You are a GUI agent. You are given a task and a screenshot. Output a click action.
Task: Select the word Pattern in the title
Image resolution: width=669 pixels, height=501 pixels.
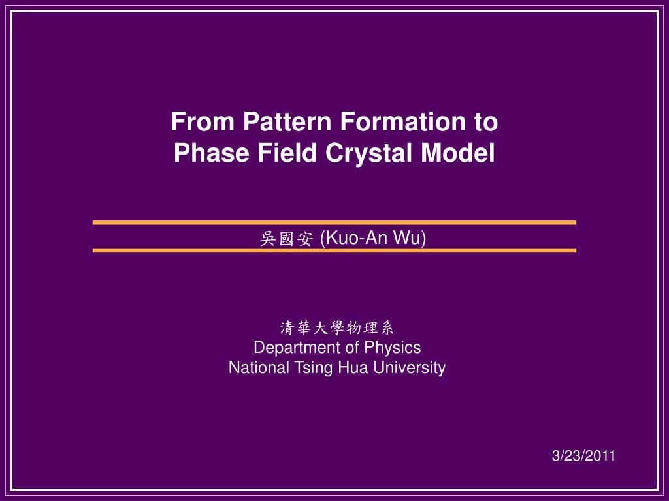287,121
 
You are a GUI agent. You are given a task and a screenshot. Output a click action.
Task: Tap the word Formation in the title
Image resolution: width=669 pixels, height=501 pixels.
402,121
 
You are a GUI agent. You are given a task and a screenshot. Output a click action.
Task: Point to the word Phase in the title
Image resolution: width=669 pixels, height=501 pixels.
211,153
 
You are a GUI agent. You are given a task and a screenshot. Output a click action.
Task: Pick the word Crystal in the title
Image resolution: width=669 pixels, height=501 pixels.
368,153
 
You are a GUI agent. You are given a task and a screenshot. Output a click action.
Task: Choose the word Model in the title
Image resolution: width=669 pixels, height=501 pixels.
458,153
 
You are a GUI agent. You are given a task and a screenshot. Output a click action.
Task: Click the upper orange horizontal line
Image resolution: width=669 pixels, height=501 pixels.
334,222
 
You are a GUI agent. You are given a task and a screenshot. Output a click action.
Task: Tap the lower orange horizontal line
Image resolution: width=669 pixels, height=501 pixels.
334,250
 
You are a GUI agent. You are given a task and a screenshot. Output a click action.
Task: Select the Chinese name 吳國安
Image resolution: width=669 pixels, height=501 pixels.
287,239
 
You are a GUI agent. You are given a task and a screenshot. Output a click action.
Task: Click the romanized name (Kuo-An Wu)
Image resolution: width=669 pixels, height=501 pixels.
373,238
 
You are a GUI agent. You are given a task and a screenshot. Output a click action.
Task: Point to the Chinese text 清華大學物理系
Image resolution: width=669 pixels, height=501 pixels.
336,328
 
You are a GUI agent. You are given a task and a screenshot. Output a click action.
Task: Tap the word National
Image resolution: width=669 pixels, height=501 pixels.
259,368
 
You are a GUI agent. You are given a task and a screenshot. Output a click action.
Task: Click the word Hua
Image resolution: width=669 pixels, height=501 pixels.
353,368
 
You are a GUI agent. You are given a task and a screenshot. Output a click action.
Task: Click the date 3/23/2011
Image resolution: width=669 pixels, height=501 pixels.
583,456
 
